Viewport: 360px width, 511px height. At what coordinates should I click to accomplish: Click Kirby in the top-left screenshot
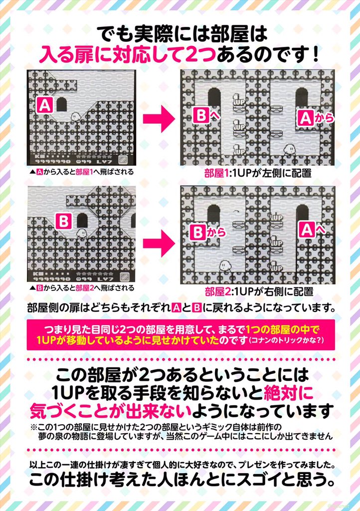click(75, 116)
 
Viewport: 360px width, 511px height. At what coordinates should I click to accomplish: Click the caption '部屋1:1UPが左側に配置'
click(257, 174)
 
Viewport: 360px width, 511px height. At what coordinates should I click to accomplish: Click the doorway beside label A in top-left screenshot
click(62, 105)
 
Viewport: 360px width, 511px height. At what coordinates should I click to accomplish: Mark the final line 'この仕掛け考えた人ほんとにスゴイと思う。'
click(180, 481)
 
